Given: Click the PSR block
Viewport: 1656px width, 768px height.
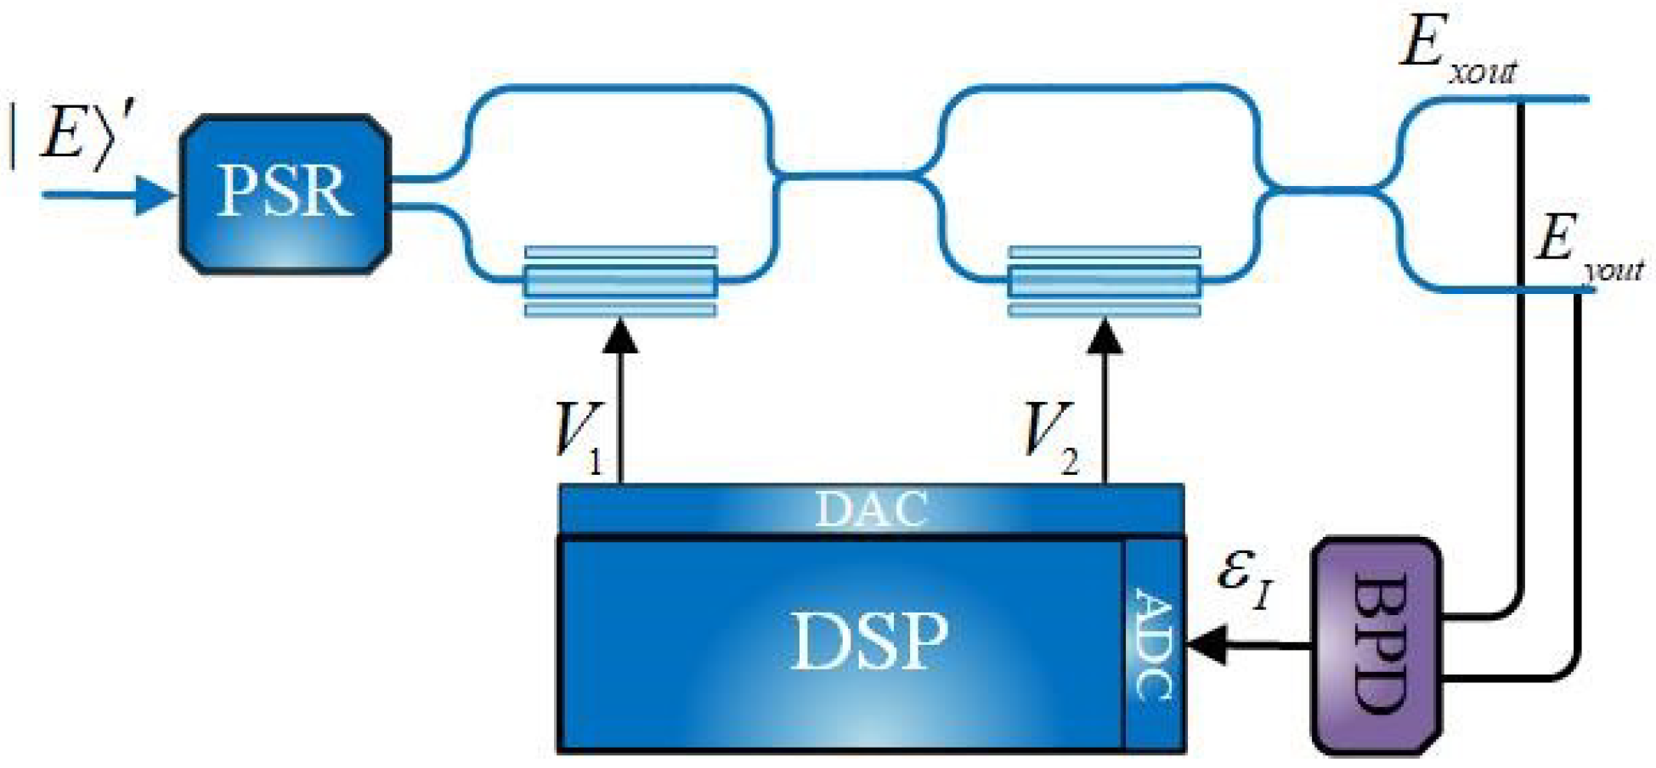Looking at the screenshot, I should [285, 193].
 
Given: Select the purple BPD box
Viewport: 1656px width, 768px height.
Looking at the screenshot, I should [1376, 646].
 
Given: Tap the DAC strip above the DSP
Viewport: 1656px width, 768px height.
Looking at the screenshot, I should [871, 509].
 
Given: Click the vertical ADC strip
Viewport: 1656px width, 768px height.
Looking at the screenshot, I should [1155, 645].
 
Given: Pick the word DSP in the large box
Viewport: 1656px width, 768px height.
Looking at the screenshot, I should [868, 641].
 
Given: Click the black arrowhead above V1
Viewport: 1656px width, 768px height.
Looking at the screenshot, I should [622, 335].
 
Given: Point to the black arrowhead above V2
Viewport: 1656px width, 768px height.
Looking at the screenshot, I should [1105, 335].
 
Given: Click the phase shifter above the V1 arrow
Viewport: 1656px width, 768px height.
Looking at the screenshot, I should [620, 281].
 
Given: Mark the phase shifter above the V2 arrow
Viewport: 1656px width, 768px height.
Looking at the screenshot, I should [1104, 281].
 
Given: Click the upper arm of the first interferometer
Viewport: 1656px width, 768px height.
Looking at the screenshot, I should [620, 87].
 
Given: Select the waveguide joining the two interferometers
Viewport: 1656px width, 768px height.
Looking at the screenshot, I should [850, 176].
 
